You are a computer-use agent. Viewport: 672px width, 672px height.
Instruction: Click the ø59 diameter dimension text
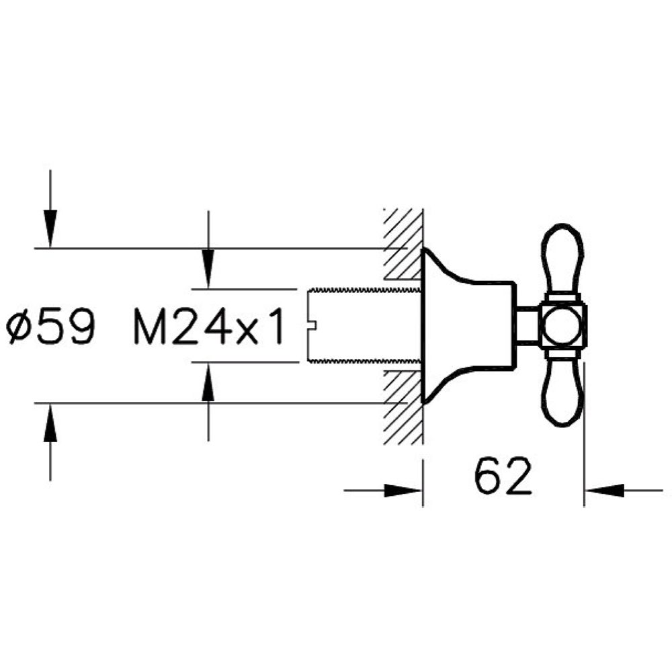(51, 327)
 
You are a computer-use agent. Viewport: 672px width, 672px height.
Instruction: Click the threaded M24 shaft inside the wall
(363, 326)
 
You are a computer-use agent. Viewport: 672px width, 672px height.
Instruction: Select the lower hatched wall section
(402, 407)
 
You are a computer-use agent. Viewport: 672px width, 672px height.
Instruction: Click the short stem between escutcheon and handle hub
(527, 327)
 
